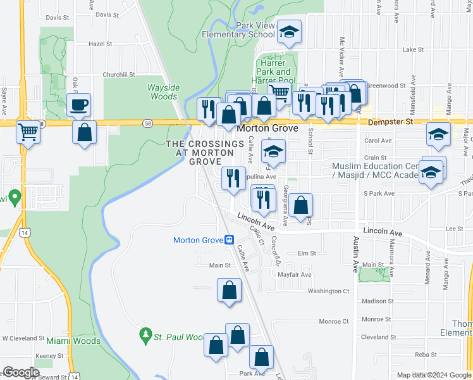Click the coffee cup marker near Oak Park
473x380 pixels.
[79, 104]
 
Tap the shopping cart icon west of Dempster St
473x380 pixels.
[27, 132]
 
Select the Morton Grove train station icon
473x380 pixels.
[230, 240]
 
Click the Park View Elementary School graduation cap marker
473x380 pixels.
[290, 32]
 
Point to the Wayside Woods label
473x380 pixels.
[163, 92]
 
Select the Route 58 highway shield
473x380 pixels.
[147, 122]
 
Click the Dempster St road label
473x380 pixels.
[391, 120]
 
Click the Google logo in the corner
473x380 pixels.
[21, 372]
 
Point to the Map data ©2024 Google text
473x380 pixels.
[434, 375]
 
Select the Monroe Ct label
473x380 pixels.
[335, 321]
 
